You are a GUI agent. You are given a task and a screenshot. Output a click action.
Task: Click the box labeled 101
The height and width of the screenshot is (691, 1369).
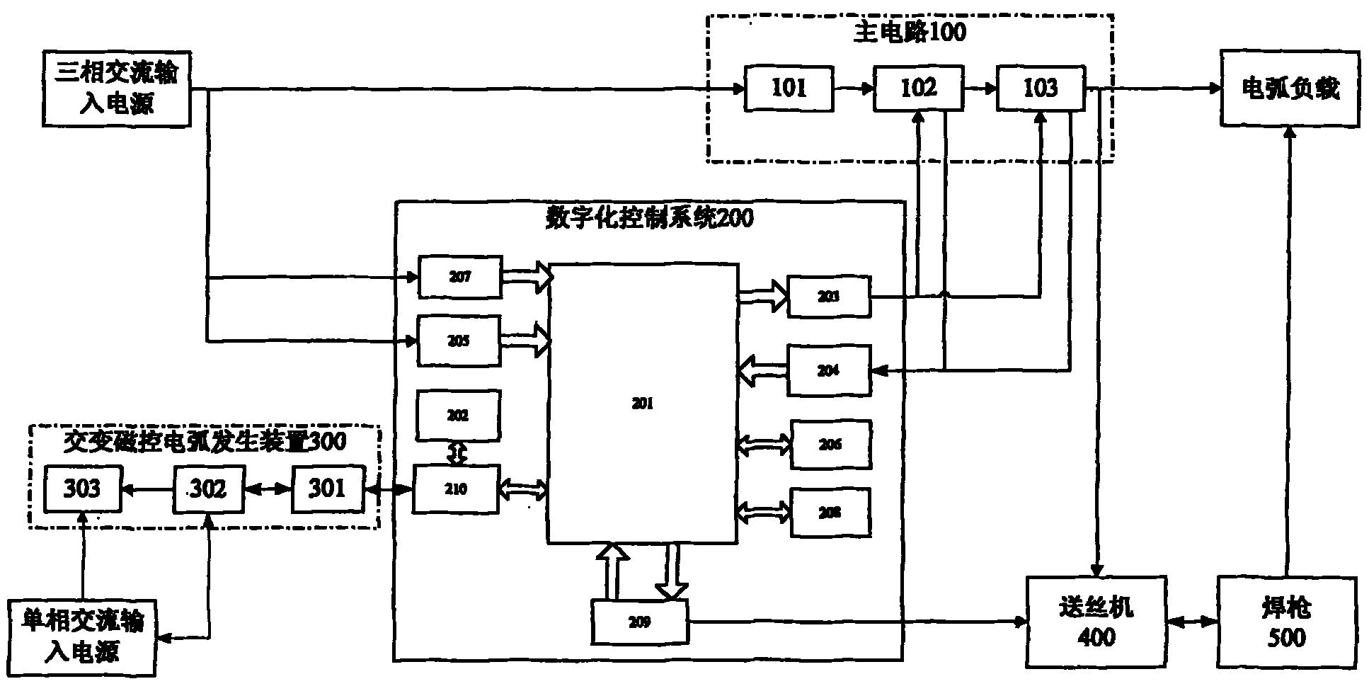click(x=789, y=88)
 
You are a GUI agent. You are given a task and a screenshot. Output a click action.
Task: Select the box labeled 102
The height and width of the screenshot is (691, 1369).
click(x=917, y=88)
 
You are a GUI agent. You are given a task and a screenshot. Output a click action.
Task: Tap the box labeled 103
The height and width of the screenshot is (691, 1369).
click(x=1041, y=88)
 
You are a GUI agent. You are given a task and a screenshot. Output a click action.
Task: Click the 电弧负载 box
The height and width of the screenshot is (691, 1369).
click(x=1290, y=88)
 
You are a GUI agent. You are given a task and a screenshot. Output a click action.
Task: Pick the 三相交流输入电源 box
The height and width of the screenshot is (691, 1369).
click(x=117, y=88)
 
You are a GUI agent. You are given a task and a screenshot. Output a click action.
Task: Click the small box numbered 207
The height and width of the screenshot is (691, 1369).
click(x=460, y=277)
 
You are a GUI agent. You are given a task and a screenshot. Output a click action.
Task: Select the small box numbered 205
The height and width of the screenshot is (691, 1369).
click(x=459, y=341)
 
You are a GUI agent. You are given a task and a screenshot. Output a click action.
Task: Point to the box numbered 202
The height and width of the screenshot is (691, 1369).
click(x=459, y=415)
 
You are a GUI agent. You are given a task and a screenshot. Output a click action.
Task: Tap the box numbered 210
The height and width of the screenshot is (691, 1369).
click(x=456, y=489)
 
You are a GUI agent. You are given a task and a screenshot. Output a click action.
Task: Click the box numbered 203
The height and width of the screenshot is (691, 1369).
click(x=829, y=297)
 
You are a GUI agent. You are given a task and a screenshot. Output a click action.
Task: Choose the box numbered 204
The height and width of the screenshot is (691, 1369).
click(x=829, y=370)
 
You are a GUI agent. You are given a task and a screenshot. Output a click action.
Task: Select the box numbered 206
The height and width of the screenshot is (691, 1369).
click(x=830, y=445)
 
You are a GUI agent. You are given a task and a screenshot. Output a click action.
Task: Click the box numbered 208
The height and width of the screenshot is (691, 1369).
click(x=830, y=513)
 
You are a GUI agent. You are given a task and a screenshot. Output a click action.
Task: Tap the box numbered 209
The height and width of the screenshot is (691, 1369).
click(x=639, y=622)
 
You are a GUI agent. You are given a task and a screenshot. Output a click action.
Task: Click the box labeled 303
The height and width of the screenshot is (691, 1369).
click(x=82, y=489)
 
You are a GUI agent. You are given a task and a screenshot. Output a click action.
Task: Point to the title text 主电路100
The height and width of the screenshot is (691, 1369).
click(x=910, y=33)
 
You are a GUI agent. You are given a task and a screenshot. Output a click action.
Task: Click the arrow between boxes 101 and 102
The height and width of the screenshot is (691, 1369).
click(x=853, y=89)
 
